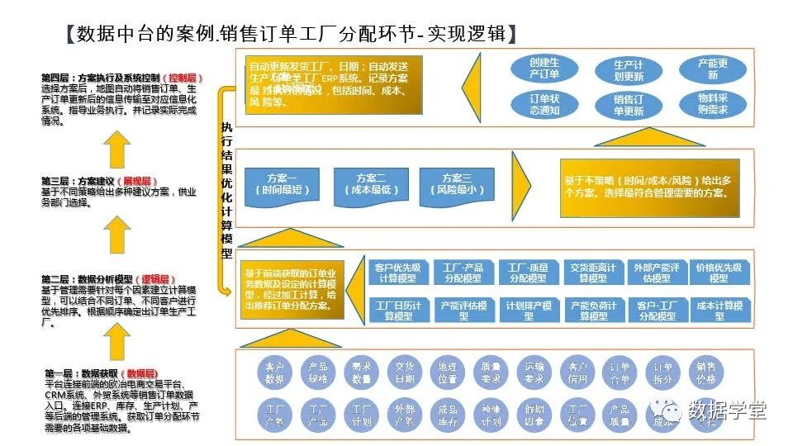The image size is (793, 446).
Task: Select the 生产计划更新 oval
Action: pyautogui.click(x=629, y=70)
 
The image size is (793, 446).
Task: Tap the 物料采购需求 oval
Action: pyautogui.click(x=713, y=104)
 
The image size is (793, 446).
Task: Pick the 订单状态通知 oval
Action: pyautogui.click(x=544, y=105)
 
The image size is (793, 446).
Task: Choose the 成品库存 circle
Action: pyautogui.click(x=448, y=415)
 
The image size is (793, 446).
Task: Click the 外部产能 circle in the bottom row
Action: pyautogui.click(x=404, y=415)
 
